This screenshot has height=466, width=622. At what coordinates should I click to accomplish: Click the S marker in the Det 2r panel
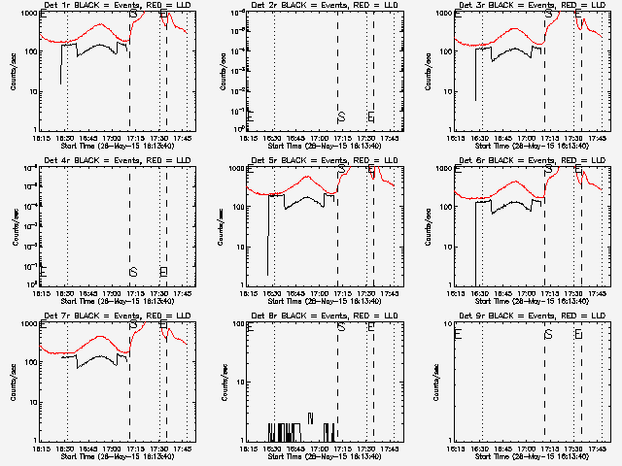pyautogui.click(x=341, y=117)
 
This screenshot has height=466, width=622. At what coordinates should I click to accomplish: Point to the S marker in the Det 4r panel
pyautogui.click(x=133, y=272)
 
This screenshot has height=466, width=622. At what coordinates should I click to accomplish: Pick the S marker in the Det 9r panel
pyautogui.click(x=549, y=334)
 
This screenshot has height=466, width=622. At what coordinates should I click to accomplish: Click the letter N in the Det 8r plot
pyautogui.click(x=310, y=417)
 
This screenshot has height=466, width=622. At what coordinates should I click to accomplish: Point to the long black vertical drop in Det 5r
pyautogui.click(x=268, y=233)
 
